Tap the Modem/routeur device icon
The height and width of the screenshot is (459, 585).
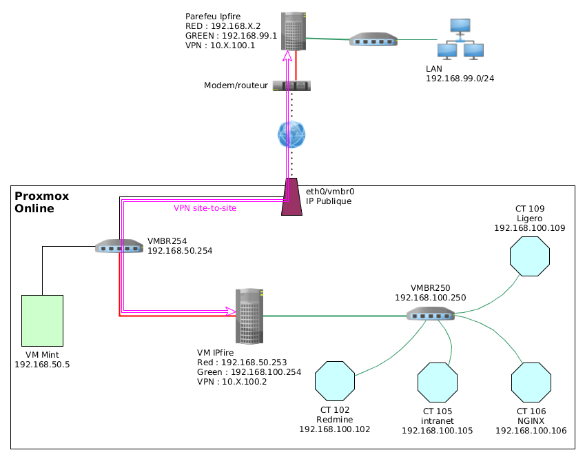coord(291,86)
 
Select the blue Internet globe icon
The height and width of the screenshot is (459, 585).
coord(291,134)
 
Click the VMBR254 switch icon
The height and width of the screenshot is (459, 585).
coord(119,246)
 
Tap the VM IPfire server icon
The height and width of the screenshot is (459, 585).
coord(249,316)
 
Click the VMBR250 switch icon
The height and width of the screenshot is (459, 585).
coord(430,314)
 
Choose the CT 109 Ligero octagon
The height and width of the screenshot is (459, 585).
coord(529,256)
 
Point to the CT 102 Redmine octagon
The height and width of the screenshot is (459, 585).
coord(335,380)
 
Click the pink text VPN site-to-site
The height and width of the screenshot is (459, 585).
coord(205,208)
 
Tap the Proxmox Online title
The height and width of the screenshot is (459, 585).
coord(42,202)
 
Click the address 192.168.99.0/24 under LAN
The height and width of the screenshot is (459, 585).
coord(460,79)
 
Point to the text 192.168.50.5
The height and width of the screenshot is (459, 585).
coord(42,365)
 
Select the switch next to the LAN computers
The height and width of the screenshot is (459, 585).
coord(373,40)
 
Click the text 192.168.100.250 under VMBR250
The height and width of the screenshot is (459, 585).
coord(430,298)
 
